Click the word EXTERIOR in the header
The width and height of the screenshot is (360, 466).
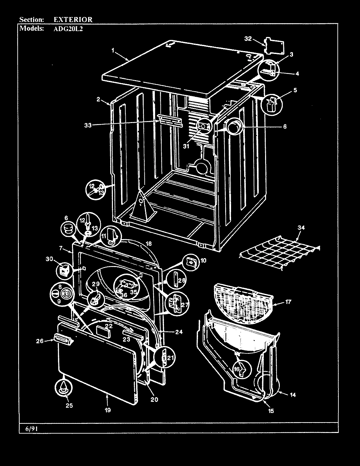tap(73, 20)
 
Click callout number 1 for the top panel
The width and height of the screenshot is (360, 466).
tap(113, 51)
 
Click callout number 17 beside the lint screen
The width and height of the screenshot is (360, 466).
tap(288, 302)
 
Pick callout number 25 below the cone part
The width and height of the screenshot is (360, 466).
tap(69, 406)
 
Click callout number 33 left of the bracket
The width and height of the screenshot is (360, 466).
tap(88, 125)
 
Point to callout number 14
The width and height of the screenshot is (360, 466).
tap(292, 395)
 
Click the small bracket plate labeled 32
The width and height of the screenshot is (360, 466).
tap(274, 44)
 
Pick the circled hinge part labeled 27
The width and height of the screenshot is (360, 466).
tap(175, 304)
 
